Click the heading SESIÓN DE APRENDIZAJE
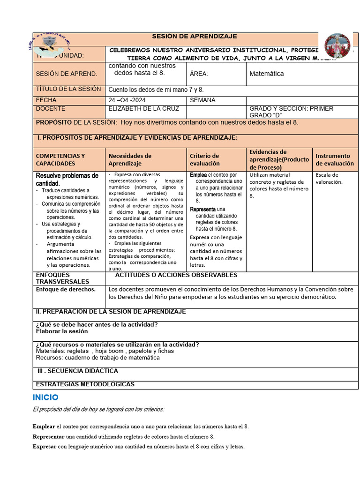(195, 37)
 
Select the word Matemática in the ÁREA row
(266, 74)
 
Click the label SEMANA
(202, 100)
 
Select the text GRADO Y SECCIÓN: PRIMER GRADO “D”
(291, 112)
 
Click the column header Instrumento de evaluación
(335, 160)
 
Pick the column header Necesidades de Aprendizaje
(130, 160)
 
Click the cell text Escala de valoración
(329, 179)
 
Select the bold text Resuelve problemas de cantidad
(67, 179)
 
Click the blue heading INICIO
(45, 397)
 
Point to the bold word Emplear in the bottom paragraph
(44, 427)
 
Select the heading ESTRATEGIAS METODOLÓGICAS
(85, 384)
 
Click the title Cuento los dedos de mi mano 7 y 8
(156, 90)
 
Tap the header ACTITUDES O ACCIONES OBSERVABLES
(176, 275)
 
